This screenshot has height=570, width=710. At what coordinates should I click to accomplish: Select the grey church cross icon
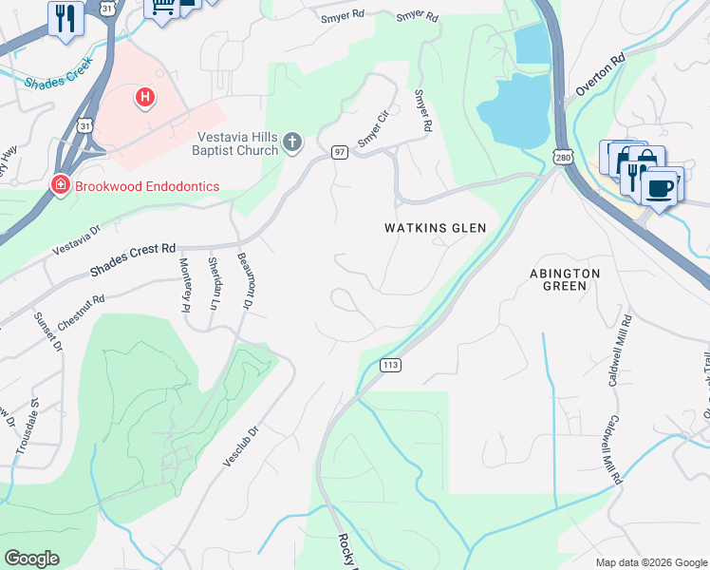pos(292,142)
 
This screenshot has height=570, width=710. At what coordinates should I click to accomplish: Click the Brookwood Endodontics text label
pos(148,185)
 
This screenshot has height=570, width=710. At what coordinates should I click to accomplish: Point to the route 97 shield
pos(339,152)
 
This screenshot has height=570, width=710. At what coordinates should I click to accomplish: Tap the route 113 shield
pos(389,364)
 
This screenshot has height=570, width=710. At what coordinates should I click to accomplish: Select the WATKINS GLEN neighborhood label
pos(435,228)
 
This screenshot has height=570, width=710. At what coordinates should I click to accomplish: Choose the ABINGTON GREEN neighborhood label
pos(565,281)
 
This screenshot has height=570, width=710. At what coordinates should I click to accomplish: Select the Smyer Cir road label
pos(374,130)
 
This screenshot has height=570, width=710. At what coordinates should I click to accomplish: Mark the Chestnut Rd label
pos(80,313)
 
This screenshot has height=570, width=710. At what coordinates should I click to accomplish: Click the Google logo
pos(31,559)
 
